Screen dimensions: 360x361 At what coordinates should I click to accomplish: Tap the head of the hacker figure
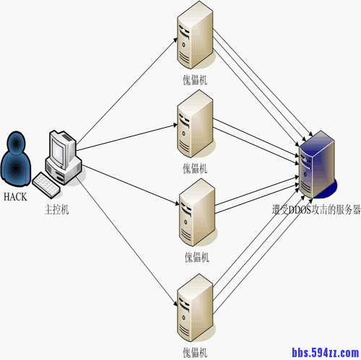pyautogui.click(x=18, y=143)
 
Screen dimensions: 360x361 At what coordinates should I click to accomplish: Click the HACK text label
pyautogui.click(x=15, y=196)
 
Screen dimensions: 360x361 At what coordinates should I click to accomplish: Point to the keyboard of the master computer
pyautogui.click(x=45, y=186)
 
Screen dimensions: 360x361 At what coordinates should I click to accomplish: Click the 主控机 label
pyautogui.click(x=57, y=209)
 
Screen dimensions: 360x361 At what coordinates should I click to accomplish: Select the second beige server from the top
pyautogui.click(x=195, y=128)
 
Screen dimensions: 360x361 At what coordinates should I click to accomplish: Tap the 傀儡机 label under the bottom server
pyautogui.click(x=195, y=351)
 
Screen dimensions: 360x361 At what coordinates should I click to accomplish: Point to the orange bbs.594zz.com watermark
pyautogui.click(x=325, y=352)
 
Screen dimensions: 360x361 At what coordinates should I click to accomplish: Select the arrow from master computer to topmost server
pyautogui.click(x=126, y=90)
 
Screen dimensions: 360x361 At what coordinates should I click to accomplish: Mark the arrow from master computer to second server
pyautogui.click(x=126, y=136)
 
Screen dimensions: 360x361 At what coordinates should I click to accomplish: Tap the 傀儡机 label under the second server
pyautogui.click(x=195, y=169)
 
